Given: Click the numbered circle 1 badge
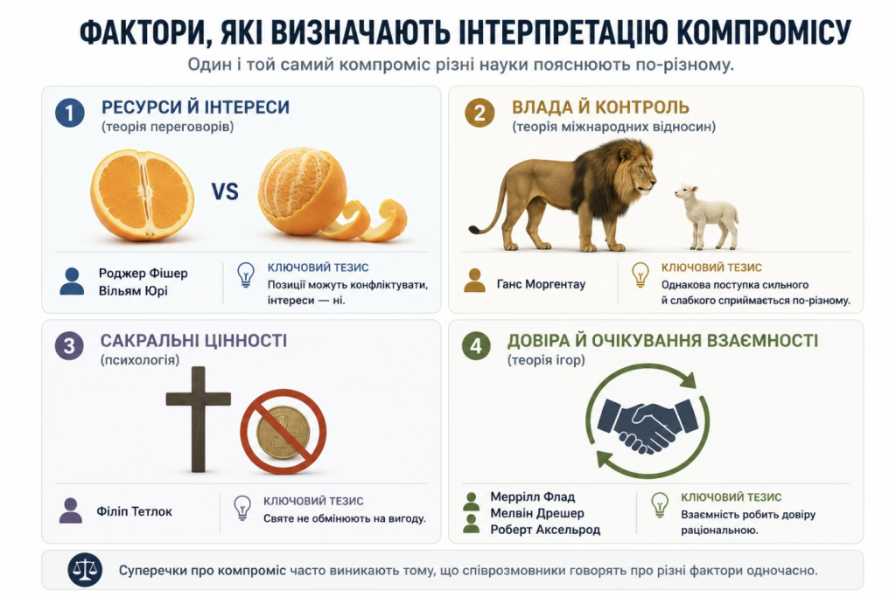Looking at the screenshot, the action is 70,113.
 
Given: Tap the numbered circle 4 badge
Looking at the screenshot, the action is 475,345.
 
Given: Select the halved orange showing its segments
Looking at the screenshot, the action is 142,195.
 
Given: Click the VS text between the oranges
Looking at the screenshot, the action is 225,191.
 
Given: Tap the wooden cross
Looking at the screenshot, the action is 199,419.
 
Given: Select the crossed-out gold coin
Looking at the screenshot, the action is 283,432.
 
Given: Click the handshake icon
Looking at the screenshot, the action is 647,425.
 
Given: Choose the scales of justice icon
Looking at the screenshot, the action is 85,570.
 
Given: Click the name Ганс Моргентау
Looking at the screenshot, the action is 541,284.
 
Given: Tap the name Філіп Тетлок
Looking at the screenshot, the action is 134,511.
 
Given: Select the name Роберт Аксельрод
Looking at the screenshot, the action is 545,530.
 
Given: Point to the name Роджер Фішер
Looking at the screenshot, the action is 143,274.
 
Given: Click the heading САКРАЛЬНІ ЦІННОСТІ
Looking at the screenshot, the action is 193,341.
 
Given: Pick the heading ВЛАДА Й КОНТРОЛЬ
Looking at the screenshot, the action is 600,108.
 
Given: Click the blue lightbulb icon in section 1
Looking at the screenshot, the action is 246,274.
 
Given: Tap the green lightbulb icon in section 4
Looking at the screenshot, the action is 660,505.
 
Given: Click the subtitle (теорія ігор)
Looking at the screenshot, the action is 546,360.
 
